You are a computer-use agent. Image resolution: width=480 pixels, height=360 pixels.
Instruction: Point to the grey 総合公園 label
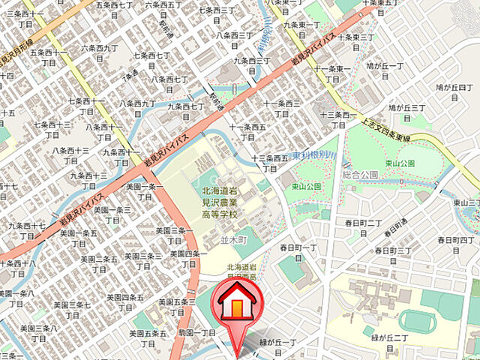click(x=359, y=174)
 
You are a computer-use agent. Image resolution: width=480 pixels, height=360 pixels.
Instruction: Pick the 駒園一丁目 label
click(x=197, y=331)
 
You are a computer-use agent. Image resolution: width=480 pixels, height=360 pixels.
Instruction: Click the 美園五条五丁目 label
click(x=148, y=337)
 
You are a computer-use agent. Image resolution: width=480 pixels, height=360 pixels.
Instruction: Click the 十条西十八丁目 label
click(x=16, y=268)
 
